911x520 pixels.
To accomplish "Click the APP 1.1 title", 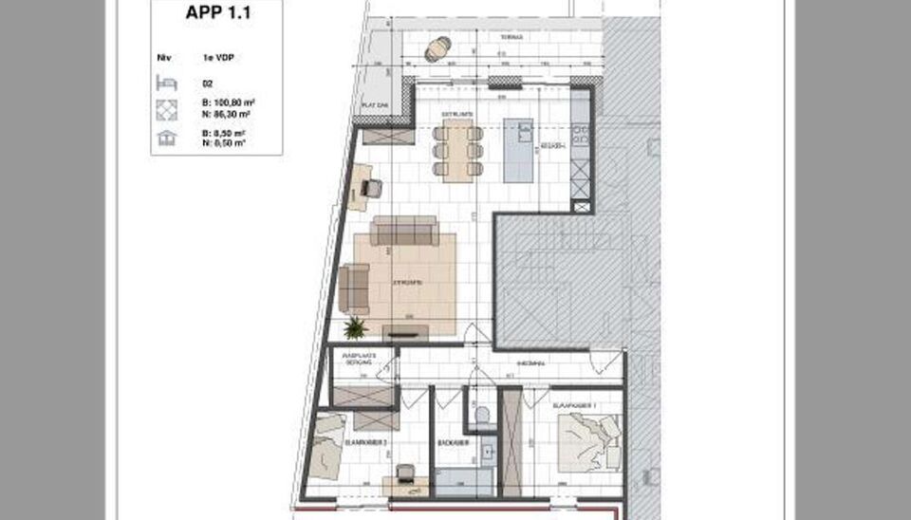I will point(215,14).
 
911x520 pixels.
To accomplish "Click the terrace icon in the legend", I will point(167,139).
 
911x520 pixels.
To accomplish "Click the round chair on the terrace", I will point(437,48).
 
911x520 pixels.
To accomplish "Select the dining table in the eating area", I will point(459,152).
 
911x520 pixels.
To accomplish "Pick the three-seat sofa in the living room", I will point(405,231).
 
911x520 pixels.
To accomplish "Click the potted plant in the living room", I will point(355,328).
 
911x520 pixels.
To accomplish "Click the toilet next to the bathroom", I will point(481,415).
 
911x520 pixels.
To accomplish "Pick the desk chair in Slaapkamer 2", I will point(406,473).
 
